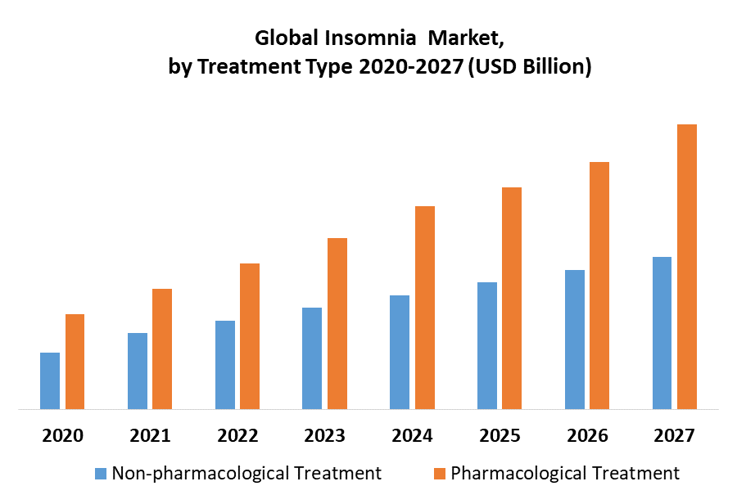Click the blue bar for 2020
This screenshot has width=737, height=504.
tap(50, 380)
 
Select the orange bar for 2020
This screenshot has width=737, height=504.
tap(75, 361)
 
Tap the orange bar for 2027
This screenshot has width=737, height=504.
tap(687, 266)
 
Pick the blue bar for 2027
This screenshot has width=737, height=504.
tap(662, 332)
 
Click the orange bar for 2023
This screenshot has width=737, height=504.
tap(337, 323)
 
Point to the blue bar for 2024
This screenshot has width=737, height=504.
tap(400, 352)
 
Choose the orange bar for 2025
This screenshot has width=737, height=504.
tap(512, 298)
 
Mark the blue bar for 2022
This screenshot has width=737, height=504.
tap(225, 364)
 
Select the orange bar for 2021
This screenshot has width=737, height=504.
tap(162, 349)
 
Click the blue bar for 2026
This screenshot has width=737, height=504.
tap(575, 339)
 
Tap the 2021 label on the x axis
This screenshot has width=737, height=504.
tap(150, 435)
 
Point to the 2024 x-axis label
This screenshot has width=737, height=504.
tap(412, 435)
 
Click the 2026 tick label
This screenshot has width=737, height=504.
tap(587, 435)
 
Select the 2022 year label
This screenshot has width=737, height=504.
tap(237, 435)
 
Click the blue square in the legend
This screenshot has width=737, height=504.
tap(101, 473)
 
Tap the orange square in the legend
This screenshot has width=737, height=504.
tap(440, 473)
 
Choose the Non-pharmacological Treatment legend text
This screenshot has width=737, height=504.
tap(246, 473)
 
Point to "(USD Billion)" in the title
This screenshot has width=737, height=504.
tap(529, 67)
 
